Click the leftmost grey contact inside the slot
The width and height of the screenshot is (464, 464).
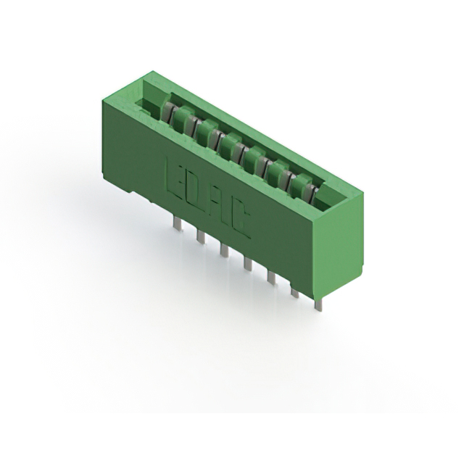coord(167,110)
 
